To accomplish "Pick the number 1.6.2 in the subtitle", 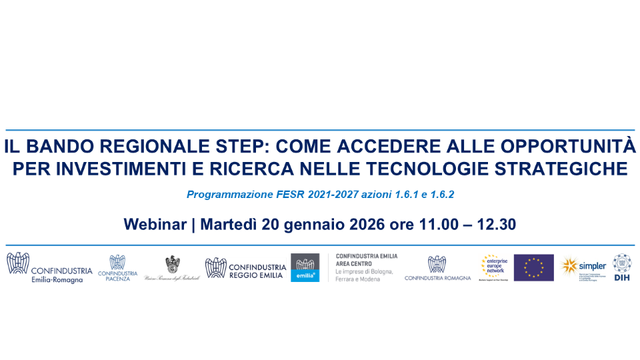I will [441, 195].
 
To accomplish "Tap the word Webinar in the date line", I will [155, 225].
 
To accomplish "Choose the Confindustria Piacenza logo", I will [117, 267].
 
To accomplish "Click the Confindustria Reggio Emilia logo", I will [245, 267].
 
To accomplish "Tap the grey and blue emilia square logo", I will [305, 267].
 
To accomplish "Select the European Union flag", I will [533, 267].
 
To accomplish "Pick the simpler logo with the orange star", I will [584, 267].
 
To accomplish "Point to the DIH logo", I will [622, 267].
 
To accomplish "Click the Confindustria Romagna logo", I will [437, 268].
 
